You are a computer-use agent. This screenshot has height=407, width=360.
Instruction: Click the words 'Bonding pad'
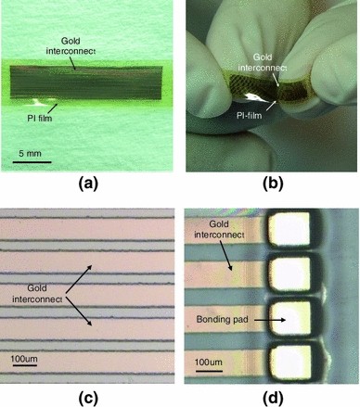(x=221, y=319)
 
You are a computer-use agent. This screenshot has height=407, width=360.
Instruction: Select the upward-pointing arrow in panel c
(x=103, y=276)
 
